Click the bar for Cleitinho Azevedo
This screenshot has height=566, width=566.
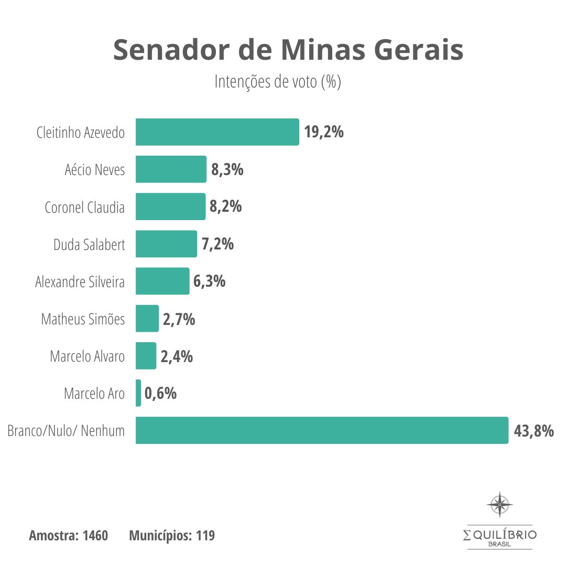tap(217, 132)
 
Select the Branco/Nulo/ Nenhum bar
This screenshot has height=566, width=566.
tap(322, 430)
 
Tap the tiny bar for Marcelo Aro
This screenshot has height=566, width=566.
tap(138, 393)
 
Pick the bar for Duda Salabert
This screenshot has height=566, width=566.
tap(166, 244)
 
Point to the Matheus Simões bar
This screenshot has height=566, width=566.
tap(147, 319)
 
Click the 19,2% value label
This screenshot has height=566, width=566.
tap(324, 132)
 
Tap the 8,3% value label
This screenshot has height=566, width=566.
tap(227, 169)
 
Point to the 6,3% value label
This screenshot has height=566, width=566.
tap(210, 281)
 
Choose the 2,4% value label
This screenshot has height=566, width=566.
tap(177, 356)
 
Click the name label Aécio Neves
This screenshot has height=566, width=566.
tap(95, 170)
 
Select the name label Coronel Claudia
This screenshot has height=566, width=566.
tap(85, 207)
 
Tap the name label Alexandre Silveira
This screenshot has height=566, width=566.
tap(80, 282)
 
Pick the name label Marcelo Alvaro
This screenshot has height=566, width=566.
tap(88, 357)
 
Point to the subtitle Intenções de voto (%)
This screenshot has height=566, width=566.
tap(278, 82)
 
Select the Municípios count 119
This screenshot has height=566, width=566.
tap(205, 536)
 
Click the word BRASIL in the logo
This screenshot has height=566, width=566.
tap(500, 544)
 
